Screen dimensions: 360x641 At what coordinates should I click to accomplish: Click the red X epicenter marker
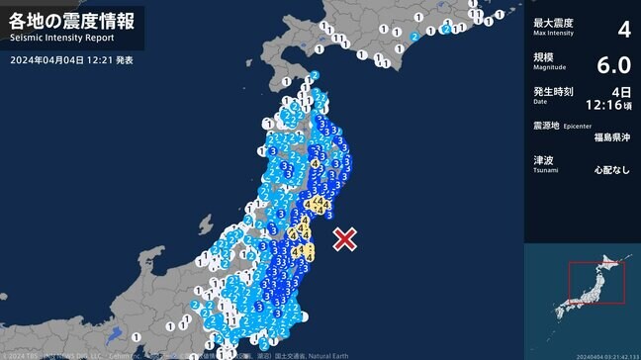coord(344,238)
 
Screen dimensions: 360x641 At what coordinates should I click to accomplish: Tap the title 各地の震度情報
coord(71,20)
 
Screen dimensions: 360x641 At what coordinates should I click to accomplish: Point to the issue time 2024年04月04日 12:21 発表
coord(72,60)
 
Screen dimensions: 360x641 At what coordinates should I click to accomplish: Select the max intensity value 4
coord(623,29)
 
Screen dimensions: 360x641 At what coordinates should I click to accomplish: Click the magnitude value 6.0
coord(613,65)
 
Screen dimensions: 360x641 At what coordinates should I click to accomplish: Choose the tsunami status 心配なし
coord(612,170)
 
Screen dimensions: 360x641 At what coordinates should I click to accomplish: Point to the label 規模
coord(543,57)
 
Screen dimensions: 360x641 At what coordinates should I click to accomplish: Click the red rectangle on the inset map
coord(596,283)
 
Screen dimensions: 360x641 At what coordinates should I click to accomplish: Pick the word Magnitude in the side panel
coord(549,68)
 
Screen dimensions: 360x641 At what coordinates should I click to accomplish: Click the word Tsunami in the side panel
coord(546,170)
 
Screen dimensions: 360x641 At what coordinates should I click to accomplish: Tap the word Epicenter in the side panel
coord(578,127)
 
